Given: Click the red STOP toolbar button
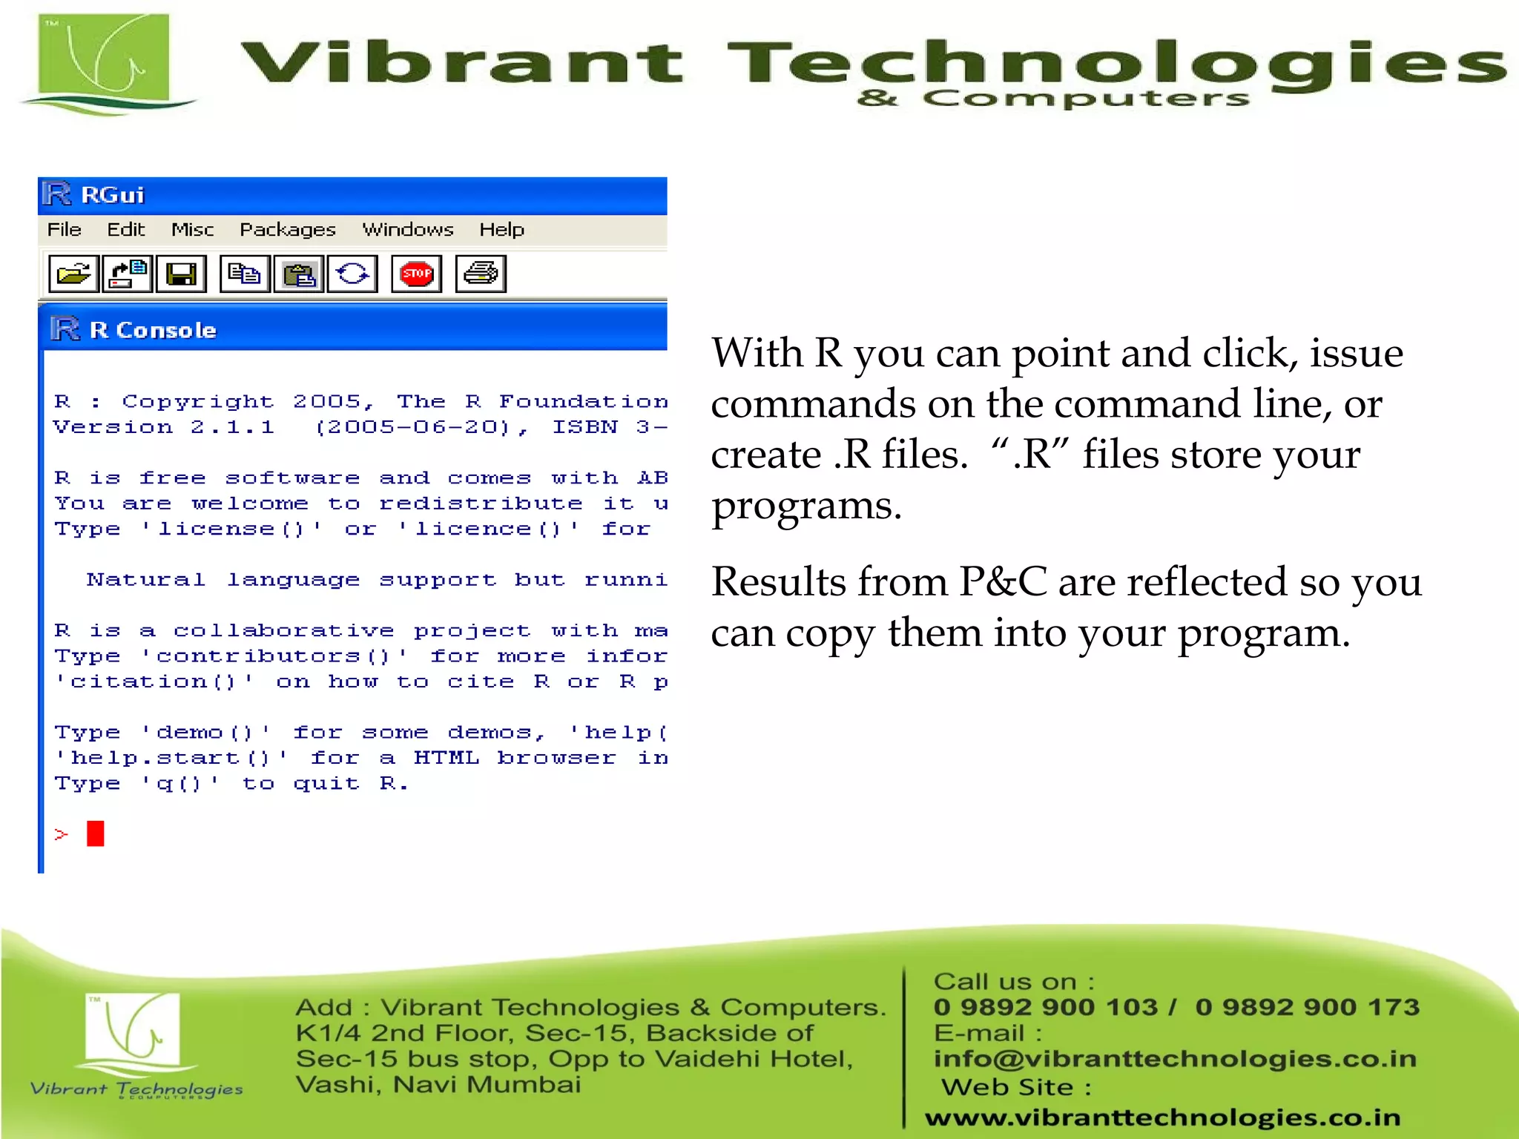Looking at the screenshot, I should coord(416,274).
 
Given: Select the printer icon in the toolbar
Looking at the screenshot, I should coord(481,274).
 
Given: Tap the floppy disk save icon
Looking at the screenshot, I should coord(181,274).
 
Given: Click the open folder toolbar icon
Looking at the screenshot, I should coord(73,274).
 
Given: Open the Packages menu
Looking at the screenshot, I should coord(287,230).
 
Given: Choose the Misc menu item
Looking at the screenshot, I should coord(192,230).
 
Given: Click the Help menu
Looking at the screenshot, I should coord(501,230).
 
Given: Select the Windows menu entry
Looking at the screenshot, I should coord(407,230).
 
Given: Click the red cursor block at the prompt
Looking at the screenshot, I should coord(95,833).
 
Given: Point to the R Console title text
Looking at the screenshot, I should coord(153,330).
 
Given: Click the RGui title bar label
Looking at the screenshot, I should coord(112,195).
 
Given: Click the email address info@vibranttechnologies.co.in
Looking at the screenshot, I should coord(1174,1058).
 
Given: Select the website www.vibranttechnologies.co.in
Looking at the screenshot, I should coord(1162,1117).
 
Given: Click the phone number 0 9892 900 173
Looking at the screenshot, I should coord(1307,1007).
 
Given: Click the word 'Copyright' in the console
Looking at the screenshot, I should coord(198,401).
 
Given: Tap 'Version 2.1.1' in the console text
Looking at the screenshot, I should coord(164,427).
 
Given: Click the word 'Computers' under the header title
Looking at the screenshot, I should coord(1086,98).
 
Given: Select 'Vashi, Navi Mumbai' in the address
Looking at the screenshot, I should coord(438,1085).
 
